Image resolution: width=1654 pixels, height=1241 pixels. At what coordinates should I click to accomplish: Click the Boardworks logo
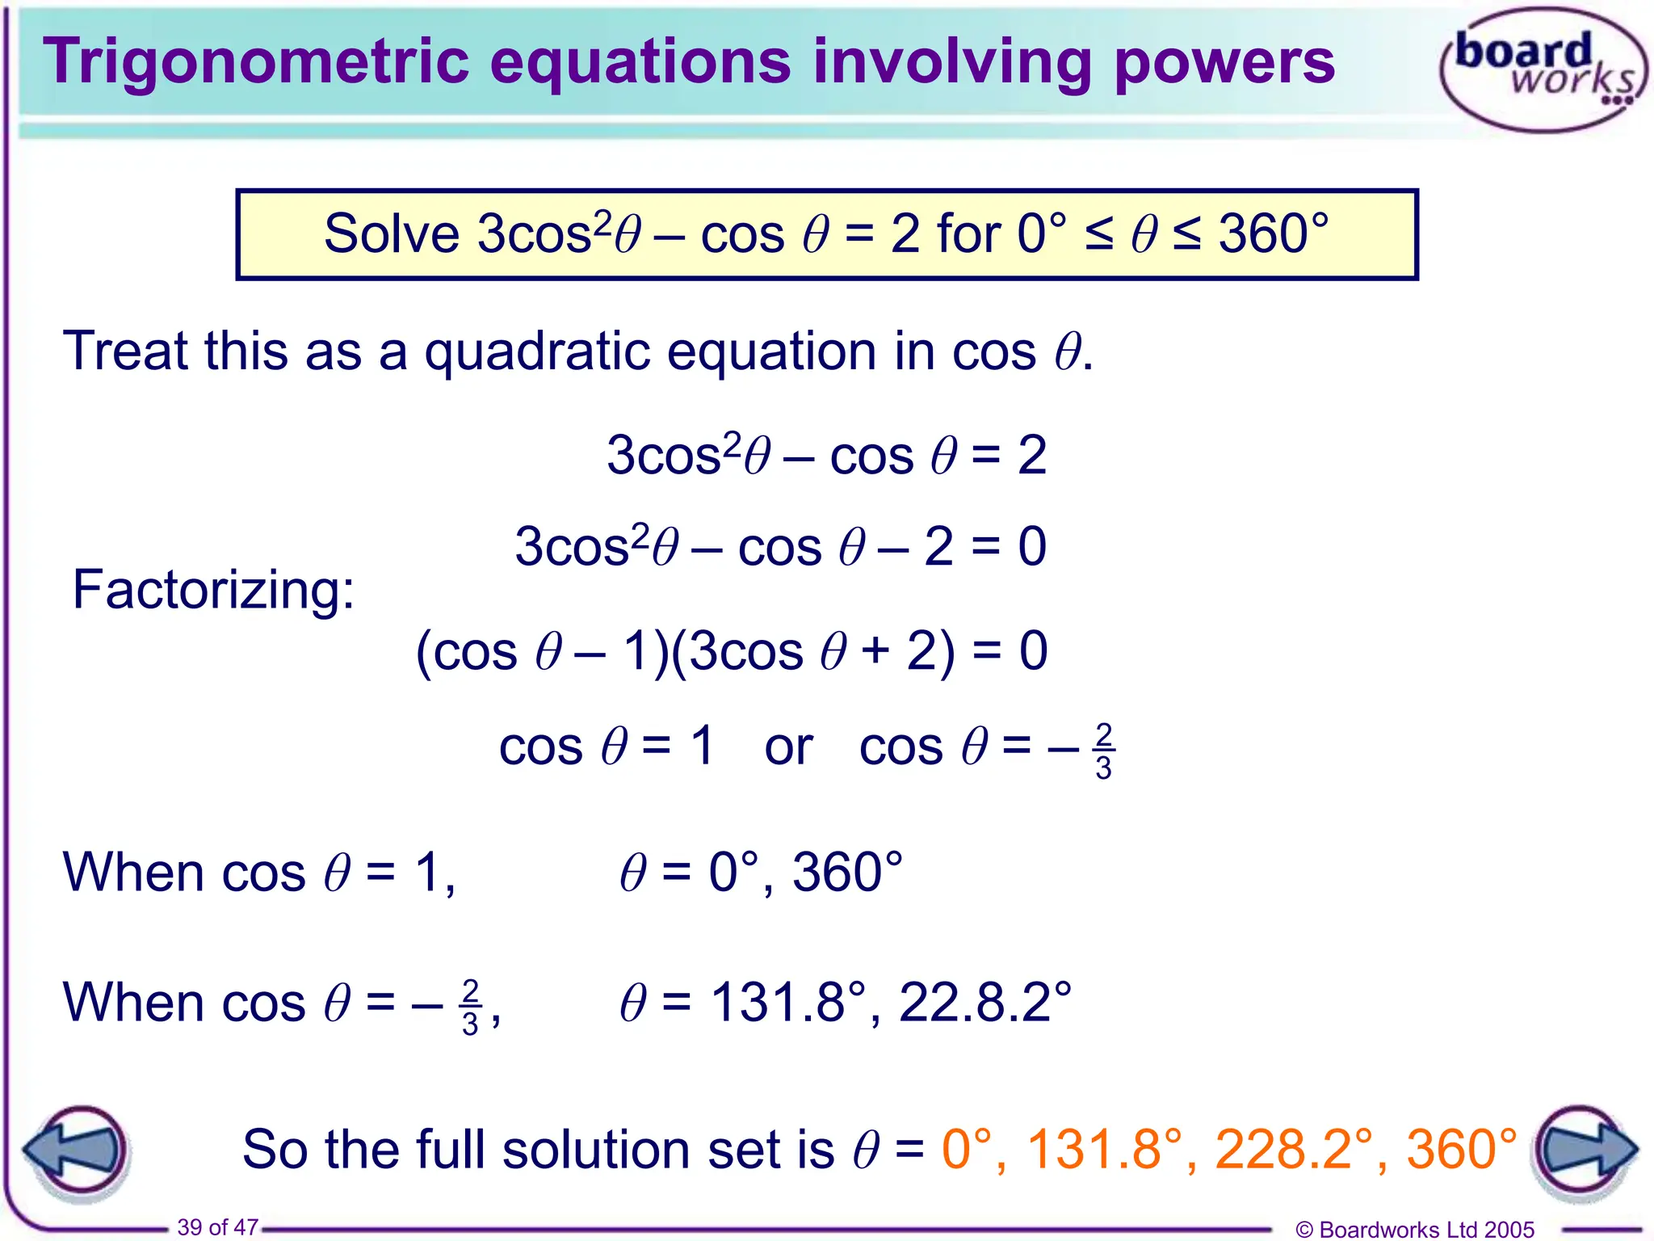tap(1543, 69)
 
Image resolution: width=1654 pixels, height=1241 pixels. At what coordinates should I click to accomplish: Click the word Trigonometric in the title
tap(255, 63)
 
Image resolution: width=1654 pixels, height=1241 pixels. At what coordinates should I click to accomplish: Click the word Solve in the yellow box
tap(392, 235)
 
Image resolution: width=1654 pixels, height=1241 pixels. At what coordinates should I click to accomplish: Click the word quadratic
tap(537, 352)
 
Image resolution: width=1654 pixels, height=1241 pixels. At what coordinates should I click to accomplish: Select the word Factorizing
tap(213, 590)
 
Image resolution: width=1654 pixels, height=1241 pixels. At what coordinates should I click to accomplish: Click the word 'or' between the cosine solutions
tap(788, 747)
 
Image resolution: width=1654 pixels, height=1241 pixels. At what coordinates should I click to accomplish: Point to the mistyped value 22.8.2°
tap(984, 1003)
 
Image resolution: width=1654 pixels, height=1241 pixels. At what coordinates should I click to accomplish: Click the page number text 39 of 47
tap(218, 1227)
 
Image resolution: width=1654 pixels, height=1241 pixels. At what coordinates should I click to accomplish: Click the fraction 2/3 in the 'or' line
tap(1103, 751)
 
